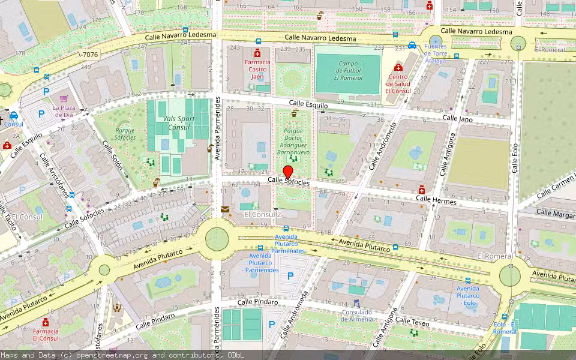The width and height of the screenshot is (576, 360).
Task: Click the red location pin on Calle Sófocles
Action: (288, 172)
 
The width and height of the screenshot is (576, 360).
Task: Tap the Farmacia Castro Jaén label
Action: (257, 69)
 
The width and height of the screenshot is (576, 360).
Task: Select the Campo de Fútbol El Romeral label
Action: (349, 71)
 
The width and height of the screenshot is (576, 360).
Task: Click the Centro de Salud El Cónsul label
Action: (398, 83)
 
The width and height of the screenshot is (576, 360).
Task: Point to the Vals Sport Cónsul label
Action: (179, 123)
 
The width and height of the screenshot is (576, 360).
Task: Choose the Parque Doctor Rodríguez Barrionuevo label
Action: (293, 141)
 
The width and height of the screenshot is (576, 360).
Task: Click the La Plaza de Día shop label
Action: (63, 110)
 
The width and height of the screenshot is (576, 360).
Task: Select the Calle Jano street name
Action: (458, 118)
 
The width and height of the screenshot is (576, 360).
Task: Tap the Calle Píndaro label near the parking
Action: (257, 302)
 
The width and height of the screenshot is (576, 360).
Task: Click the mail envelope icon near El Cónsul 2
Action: (225, 209)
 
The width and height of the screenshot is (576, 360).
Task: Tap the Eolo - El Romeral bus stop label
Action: (505, 328)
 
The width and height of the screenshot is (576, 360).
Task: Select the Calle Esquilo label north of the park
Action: (308, 105)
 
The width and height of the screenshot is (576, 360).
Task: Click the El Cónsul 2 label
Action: (263, 214)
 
